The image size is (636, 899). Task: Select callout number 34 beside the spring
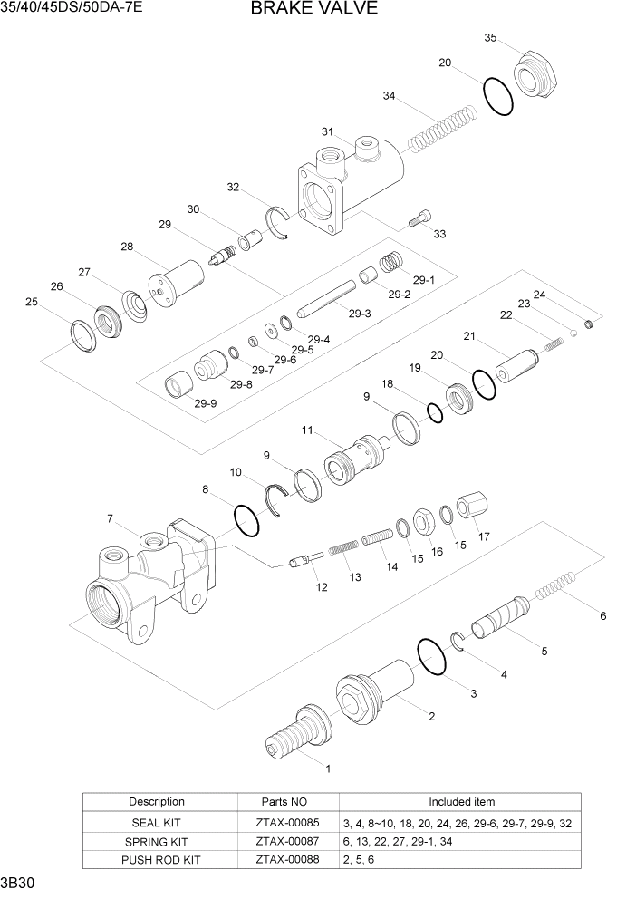(389, 96)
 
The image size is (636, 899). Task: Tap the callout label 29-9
(206, 403)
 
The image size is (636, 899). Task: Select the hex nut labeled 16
(421, 520)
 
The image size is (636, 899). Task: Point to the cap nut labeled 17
(471, 506)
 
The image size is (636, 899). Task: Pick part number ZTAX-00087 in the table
(288, 842)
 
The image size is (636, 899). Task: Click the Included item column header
(461, 802)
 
